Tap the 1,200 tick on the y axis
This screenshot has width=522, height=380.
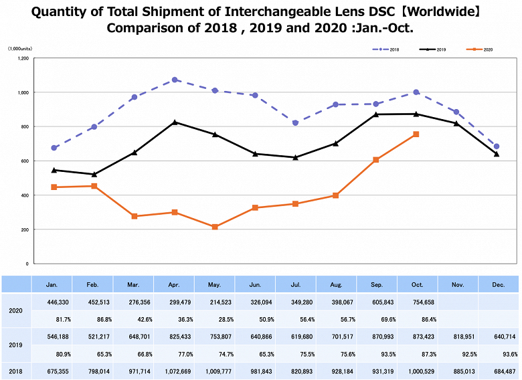(22, 58)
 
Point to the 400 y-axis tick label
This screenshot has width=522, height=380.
(24, 195)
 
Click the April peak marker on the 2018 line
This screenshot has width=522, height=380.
(175, 80)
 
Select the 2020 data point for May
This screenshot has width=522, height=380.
(215, 227)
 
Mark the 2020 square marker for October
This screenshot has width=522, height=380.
(416, 134)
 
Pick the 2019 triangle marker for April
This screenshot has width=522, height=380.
(175, 122)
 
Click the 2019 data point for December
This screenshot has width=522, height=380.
(497, 154)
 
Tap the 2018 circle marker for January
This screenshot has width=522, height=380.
(54, 148)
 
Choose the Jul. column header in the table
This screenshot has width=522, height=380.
(296, 284)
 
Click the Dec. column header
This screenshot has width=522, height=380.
(499, 284)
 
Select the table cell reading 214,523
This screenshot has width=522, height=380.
(214, 302)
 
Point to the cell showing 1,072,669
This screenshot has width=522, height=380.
(173, 371)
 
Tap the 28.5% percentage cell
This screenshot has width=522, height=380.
(214, 318)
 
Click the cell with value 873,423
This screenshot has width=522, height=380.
(418, 337)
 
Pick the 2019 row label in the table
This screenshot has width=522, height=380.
(15, 345)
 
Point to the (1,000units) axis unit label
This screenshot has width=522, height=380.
(20, 50)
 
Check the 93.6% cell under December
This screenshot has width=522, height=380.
(499, 353)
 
